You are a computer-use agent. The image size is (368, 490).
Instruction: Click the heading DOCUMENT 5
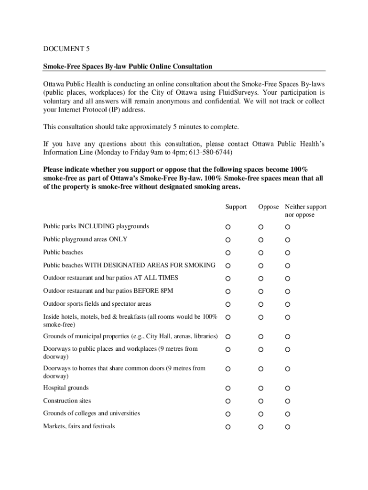click(66, 49)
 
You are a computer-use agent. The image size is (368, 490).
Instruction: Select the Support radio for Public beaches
click(228, 253)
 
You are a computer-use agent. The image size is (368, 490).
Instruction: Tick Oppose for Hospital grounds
click(261, 388)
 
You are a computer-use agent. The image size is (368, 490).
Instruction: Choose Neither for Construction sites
click(288, 401)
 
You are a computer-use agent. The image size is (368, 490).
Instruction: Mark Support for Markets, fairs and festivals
click(228, 426)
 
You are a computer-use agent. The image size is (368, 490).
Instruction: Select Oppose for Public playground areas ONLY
click(261, 240)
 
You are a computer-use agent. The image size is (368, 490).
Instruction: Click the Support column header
click(236, 207)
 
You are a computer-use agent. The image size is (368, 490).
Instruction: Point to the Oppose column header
click(269, 207)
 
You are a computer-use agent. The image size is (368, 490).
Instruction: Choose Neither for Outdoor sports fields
click(288, 304)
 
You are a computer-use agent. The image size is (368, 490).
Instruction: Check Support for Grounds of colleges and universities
click(228, 414)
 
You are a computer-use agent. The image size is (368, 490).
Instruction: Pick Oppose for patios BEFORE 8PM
click(261, 291)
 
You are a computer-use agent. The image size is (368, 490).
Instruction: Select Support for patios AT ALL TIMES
click(228, 278)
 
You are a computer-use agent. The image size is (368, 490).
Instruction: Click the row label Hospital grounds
click(66, 388)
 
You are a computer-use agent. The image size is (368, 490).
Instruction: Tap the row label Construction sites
click(67, 401)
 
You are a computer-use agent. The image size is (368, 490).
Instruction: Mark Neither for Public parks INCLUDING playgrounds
click(288, 227)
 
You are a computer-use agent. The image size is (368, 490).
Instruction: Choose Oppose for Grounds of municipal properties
click(261, 337)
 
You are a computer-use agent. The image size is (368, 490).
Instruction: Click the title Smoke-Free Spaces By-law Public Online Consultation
click(128, 66)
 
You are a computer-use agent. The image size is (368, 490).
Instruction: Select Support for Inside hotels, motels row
click(228, 317)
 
